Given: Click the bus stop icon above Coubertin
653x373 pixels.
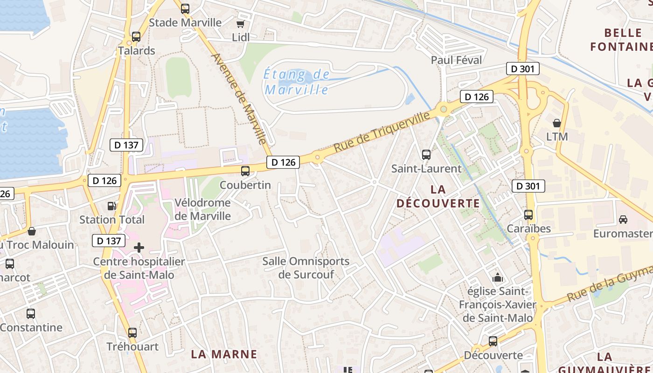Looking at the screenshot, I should coord(245,171).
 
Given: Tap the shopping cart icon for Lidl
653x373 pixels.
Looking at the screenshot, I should coord(241,24).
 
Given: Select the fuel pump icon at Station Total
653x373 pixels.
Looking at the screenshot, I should coord(111,206).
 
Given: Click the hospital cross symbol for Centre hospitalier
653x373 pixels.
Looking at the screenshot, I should coord(139,248).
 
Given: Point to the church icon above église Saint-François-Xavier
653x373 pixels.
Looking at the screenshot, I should coord(498,277).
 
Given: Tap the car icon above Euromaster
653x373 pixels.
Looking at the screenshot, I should coord(623,219).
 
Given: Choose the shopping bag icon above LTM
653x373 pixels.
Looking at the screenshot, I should coord(557,123).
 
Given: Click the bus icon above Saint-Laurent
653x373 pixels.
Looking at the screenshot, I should coord(426,155).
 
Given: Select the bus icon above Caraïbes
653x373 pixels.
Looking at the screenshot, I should coord(528,215).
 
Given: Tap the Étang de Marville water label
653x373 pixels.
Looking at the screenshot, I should coord(297,82).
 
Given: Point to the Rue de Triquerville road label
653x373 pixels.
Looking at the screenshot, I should coord(382,131).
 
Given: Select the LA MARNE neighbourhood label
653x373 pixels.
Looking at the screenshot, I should coord(224,354).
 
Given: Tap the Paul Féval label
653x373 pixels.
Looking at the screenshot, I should coord(457,60).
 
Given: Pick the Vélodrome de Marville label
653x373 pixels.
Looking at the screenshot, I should coord(202,209).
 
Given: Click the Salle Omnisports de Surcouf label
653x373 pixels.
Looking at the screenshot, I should coord(306,268).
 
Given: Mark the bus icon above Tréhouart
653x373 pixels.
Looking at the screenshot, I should coord(132,333).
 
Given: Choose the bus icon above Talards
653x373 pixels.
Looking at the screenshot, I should coord(136,36).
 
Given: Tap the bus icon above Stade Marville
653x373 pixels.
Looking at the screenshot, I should coord(185,8).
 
